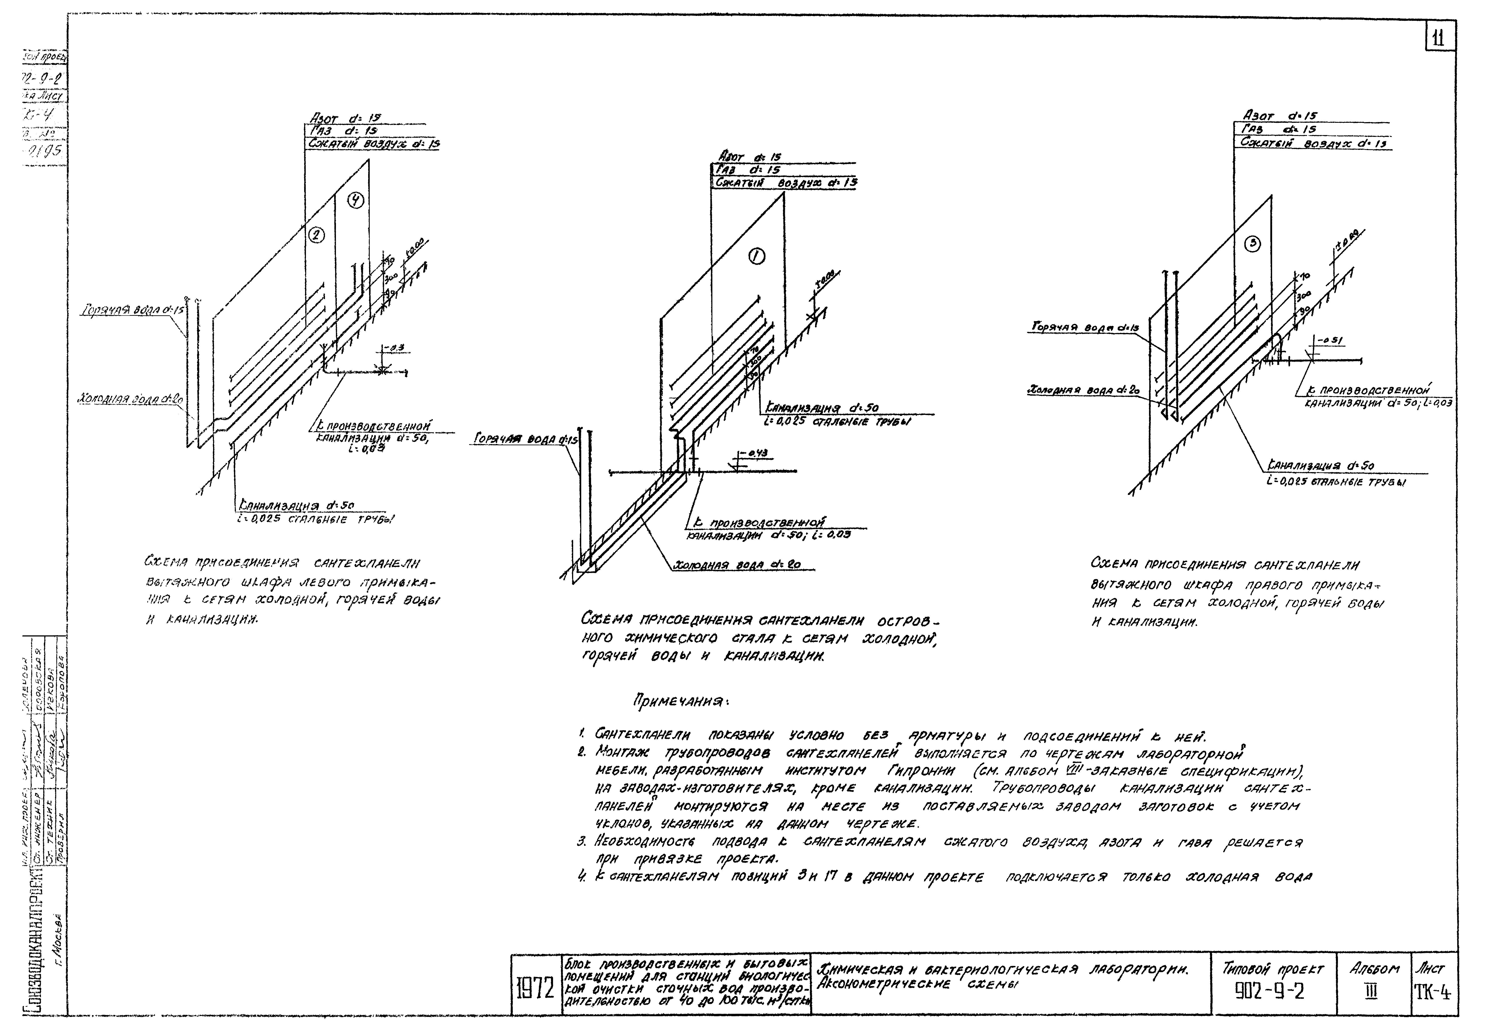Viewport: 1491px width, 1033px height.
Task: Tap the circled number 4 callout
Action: (x=356, y=201)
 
